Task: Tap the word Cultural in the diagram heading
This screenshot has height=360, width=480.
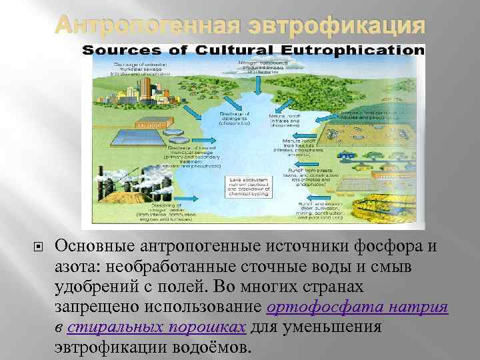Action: coord(223,50)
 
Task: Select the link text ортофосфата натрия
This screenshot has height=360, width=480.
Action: coord(357,308)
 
